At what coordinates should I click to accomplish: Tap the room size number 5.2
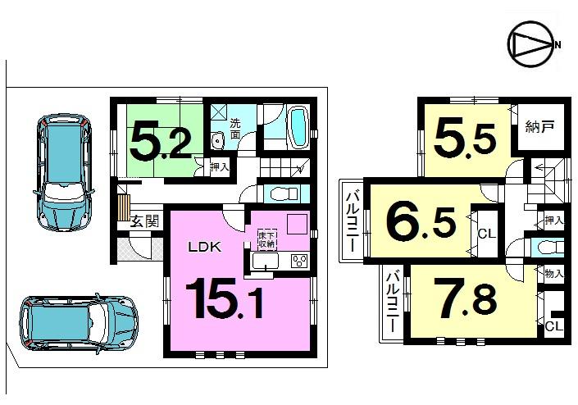tap(161, 141)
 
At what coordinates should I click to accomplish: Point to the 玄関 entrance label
tap(144, 221)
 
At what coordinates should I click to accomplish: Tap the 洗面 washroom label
tap(234, 129)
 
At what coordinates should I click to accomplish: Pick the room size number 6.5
tap(421, 221)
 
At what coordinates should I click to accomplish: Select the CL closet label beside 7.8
tap(553, 326)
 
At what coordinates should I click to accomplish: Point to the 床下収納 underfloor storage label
tap(266, 239)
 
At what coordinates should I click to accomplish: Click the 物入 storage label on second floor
tap(553, 274)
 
